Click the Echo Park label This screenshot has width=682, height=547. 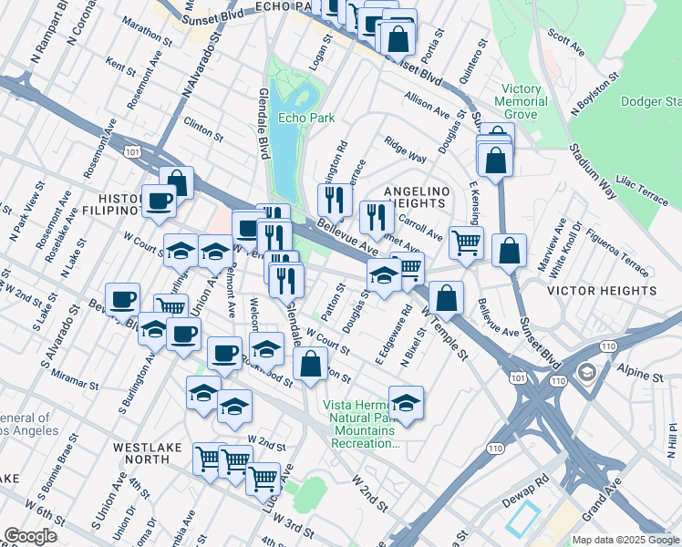click(307, 118)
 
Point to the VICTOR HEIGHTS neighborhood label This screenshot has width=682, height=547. click(601, 291)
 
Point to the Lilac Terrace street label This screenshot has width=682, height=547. click(642, 181)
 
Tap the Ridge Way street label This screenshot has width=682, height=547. click(406, 150)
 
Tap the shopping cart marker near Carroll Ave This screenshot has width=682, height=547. click(466, 243)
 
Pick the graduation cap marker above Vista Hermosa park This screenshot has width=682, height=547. click(406, 402)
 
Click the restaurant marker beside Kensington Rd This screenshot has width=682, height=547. click(335, 198)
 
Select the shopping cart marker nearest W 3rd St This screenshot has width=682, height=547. click(263, 477)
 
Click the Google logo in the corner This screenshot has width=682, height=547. click(30, 536)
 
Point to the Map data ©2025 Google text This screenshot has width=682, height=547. click(625, 540)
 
